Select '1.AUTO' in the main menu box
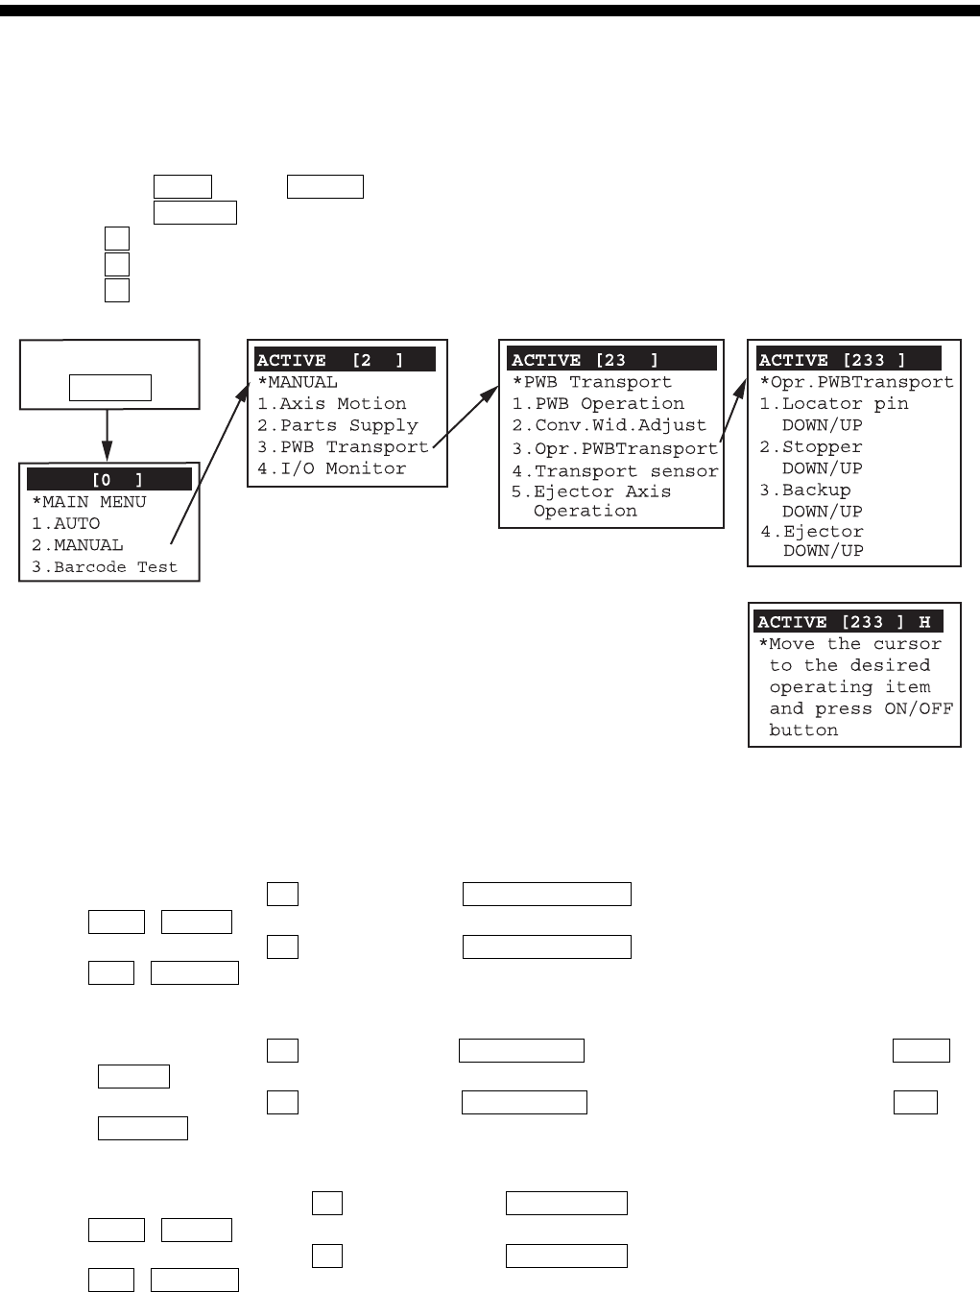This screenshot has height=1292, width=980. click(x=65, y=523)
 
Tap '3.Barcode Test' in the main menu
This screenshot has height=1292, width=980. click(x=104, y=567)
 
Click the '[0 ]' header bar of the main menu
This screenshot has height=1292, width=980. click(x=109, y=479)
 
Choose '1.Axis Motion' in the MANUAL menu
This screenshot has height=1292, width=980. click(x=331, y=404)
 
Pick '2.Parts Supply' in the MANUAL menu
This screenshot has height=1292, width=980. click(x=337, y=425)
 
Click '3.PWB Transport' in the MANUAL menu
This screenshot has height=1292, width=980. click(x=343, y=447)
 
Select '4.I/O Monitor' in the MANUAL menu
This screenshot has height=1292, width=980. click(x=331, y=468)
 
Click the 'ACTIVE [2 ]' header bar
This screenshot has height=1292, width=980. click(x=345, y=360)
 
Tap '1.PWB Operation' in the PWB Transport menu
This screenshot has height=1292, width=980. click(x=598, y=404)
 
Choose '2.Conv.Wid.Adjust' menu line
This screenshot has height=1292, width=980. click(x=609, y=425)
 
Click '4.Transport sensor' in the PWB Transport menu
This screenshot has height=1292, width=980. click(x=614, y=471)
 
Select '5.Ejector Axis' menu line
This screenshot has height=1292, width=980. click(x=591, y=491)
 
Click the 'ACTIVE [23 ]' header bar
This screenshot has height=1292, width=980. click(x=611, y=360)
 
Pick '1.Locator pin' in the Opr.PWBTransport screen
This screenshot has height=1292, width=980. click(x=833, y=404)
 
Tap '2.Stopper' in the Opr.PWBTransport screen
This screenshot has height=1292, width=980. click(x=811, y=447)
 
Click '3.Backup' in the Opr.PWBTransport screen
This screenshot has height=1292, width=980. click(x=805, y=490)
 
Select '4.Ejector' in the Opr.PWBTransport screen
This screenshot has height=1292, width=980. click(x=812, y=532)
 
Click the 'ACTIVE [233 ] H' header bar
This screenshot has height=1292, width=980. click(x=848, y=622)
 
